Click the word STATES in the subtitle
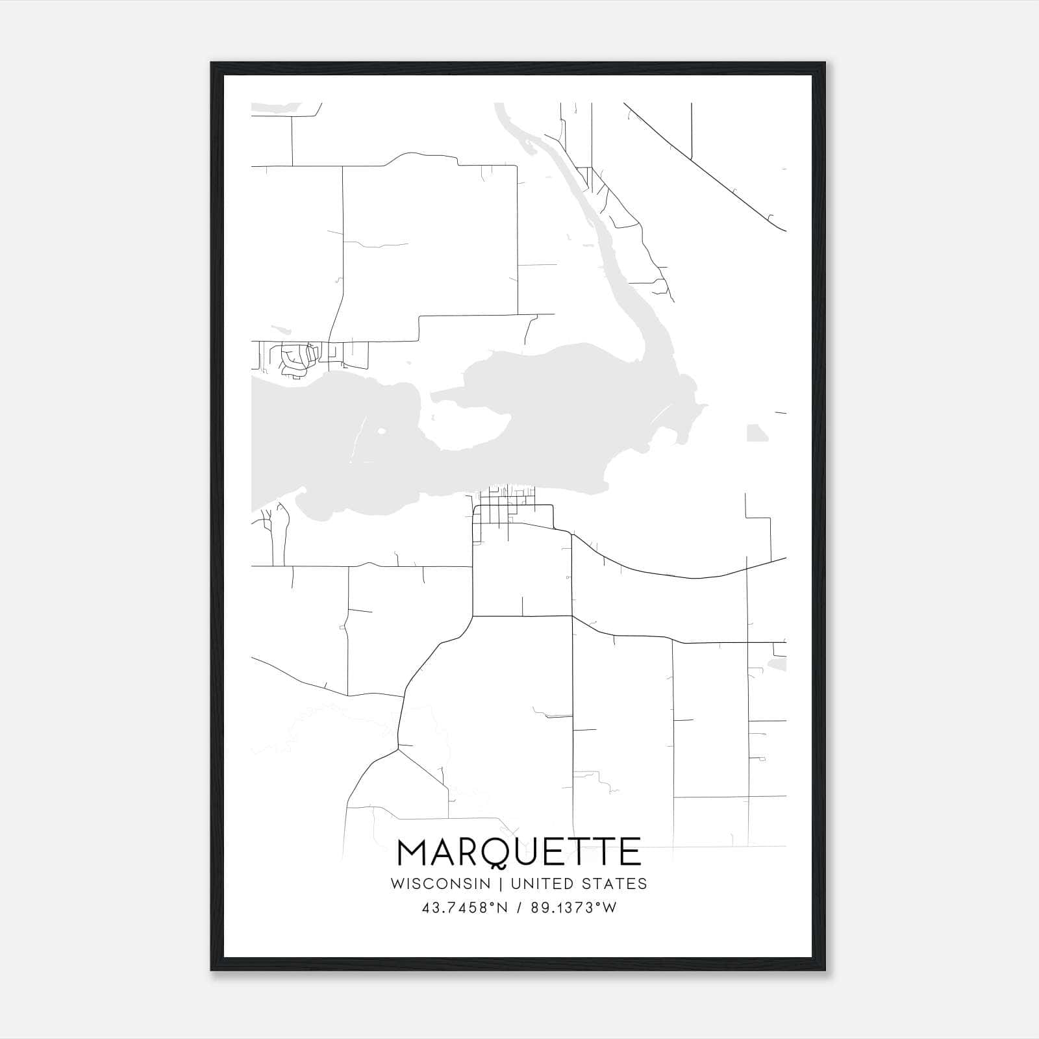coord(614,884)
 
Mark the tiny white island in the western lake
coord(381,431)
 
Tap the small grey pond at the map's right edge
coord(777,664)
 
